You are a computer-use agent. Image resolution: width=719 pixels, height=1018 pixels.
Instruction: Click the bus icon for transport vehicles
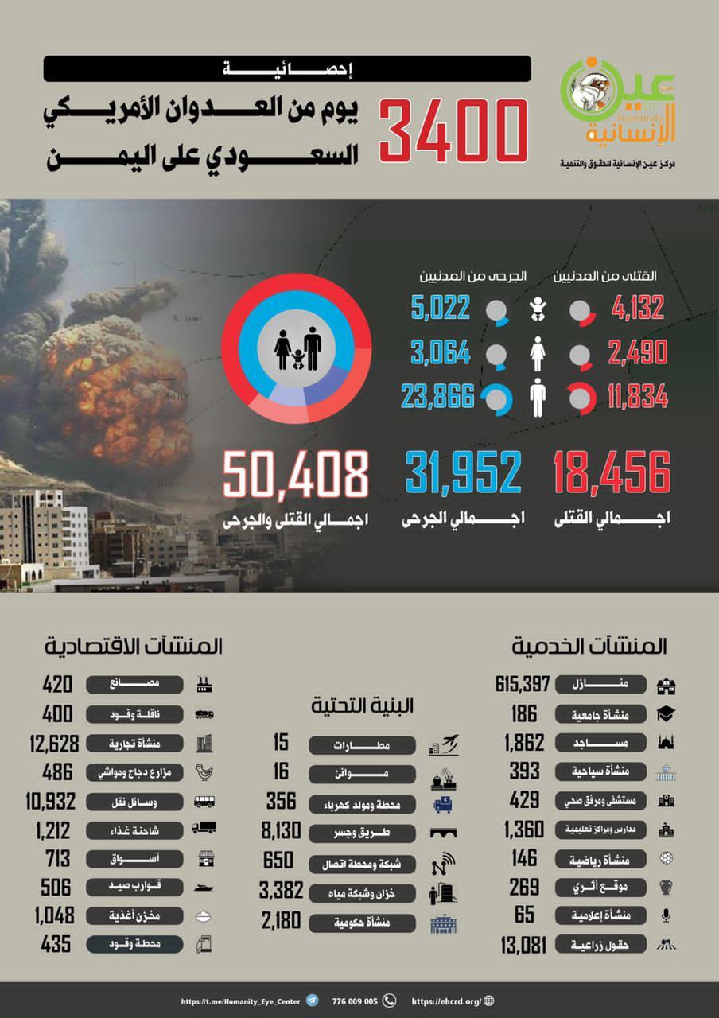pyautogui.click(x=204, y=801)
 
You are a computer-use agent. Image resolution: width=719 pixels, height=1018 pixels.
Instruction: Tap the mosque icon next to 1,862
pyautogui.click(x=665, y=744)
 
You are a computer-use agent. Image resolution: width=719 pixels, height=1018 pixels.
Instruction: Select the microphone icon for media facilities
pyautogui.click(x=665, y=915)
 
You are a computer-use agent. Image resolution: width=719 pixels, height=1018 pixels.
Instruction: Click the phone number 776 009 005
pyautogui.click(x=353, y=1001)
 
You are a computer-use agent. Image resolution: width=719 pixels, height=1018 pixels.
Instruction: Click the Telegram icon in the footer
pyautogui.click(x=313, y=1001)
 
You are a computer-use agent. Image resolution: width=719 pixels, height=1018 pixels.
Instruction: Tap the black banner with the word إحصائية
pyautogui.click(x=287, y=69)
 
